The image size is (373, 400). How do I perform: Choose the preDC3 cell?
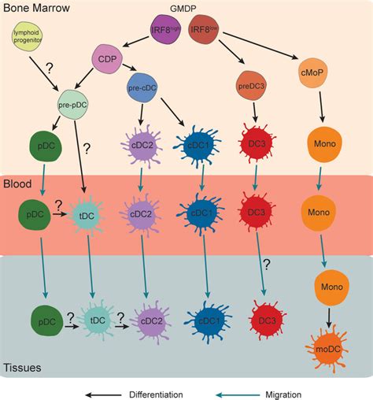coord(250,84)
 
